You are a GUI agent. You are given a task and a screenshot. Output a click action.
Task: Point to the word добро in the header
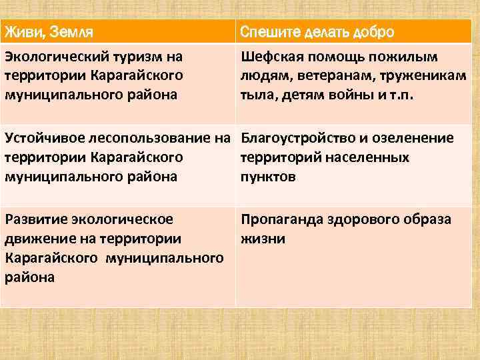(370, 32)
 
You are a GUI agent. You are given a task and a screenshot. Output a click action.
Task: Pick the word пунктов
(267, 177)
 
